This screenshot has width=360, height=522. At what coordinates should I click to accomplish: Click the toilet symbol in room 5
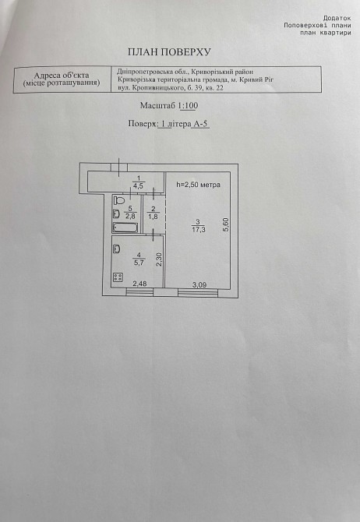click(x=118, y=200)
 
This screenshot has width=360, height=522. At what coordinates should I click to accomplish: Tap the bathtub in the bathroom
click(x=125, y=227)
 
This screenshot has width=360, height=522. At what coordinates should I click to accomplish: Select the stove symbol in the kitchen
click(x=118, y=277)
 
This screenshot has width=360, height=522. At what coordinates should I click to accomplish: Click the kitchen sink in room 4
click(x=117, y=249)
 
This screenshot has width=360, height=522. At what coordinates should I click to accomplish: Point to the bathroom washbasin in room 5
click(x=117, y=213)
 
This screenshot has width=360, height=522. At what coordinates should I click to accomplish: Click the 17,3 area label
click(x=198, y=229)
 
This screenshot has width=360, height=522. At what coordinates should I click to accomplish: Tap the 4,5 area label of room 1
click(x=138, y=185)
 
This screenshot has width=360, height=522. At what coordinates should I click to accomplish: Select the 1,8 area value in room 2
click(x=154, y=217)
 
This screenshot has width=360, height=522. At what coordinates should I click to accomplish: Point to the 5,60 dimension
click(x=226, y=224)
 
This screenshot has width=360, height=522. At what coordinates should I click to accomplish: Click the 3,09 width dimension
click(x=199, y=284)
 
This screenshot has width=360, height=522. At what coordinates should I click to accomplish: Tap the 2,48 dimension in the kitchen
click(x=140, y=284)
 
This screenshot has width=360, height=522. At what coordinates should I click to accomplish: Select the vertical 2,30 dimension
click(x=159, y=259)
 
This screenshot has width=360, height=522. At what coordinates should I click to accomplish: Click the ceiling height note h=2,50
click(x=198, y=185)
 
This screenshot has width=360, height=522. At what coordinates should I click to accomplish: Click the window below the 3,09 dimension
click(x=198, y=293)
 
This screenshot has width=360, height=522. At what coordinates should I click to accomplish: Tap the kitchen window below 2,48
click(x=139, y=292)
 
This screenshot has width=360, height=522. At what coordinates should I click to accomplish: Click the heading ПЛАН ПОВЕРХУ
click(x=170, y=52)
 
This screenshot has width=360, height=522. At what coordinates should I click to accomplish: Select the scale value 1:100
click(x=189, y=106)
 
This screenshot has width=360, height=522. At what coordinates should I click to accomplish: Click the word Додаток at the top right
click(x=337, y=19)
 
